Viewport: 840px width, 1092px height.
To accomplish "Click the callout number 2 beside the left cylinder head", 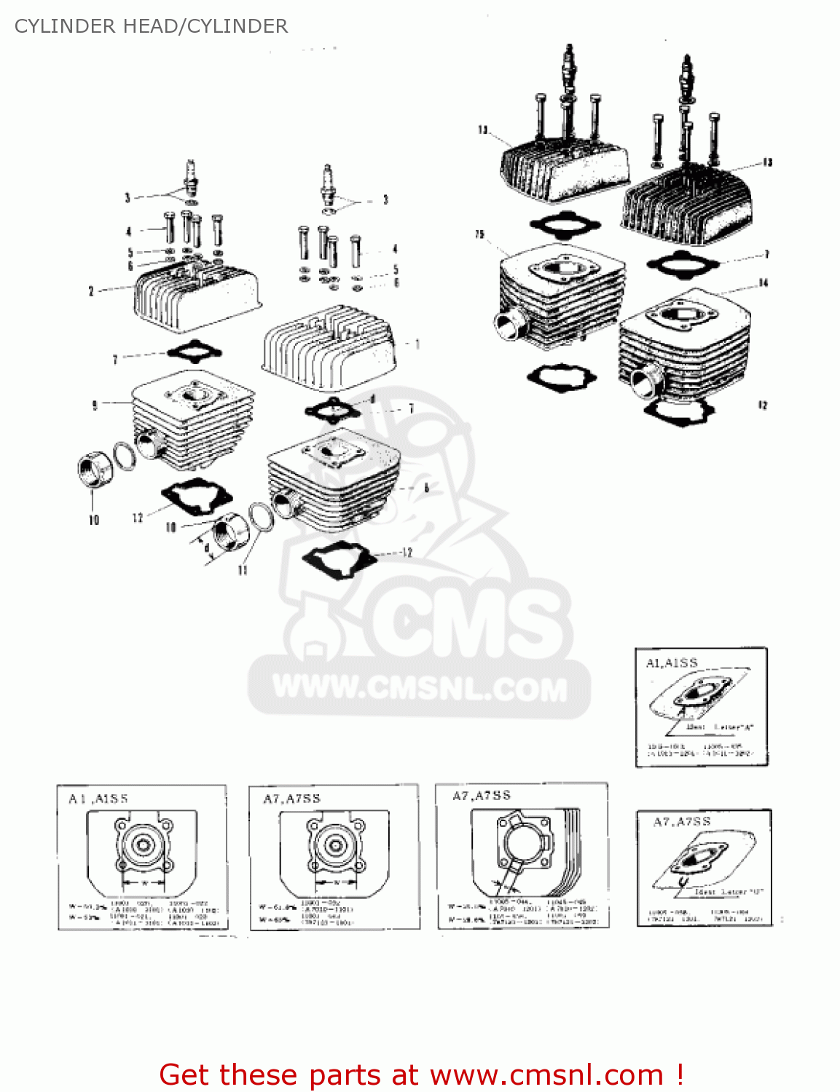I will (x=91, y=291).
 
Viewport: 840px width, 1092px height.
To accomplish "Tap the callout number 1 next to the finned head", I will (x=417, y=344).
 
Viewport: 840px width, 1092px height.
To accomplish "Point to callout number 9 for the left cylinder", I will (x=94, y=405).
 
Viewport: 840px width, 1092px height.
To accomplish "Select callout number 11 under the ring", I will (x=243, y=570).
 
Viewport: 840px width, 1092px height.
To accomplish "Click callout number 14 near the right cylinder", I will (x=763, y=282).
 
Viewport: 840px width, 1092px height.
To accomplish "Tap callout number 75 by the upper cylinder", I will (x=479, y=234).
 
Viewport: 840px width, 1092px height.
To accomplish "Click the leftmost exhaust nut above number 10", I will (x=95, y=469).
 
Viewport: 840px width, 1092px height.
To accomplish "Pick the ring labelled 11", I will (x=262, y=517).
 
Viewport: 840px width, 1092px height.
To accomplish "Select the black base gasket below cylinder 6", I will (x=339, y=559).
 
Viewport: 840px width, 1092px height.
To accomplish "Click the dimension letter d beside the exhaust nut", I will (x=206, y=547).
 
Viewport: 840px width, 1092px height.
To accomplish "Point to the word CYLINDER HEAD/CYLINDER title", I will (x=151, y=26).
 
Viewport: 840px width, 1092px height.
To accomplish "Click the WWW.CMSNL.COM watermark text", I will (x=420, y=688).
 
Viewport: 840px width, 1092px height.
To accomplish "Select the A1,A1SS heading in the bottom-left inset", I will (x=98, y=799).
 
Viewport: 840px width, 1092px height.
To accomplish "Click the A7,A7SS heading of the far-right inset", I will (x=681, y=822).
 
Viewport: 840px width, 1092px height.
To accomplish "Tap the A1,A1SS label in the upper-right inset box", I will (x=672, y=662).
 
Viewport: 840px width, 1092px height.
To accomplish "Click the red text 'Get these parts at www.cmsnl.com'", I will (x=420, y=1075).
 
